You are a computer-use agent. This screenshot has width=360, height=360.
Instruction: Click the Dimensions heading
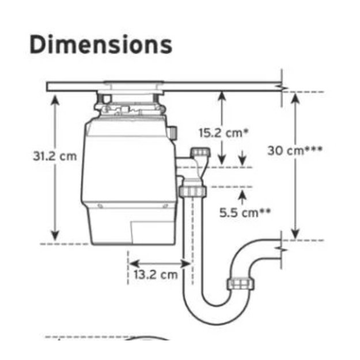tap(101, 44)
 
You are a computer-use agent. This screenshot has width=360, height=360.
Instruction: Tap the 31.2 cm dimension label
tap(55, 156)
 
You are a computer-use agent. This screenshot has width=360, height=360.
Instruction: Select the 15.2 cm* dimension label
tap(223, 133)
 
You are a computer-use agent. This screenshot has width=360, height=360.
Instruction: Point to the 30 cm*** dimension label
tap(295, 151)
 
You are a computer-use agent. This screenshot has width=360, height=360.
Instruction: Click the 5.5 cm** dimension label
tap(245, 213)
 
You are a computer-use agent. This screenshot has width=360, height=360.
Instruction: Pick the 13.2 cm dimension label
tap(156, 275)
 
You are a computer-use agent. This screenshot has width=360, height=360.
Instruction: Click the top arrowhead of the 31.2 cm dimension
tap(55, 100)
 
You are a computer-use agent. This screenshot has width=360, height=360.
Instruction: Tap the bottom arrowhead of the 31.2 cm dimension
tap(55, 236)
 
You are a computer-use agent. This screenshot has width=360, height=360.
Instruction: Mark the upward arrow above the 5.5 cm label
tap(242, 197)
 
